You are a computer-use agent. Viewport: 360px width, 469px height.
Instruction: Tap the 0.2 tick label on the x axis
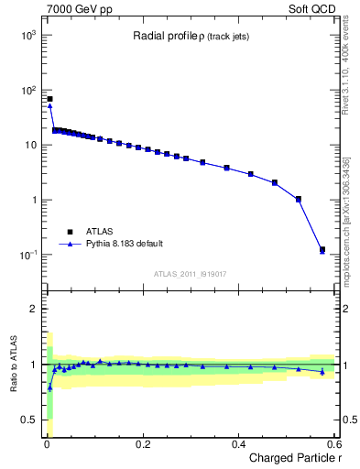pyautogui.click(x=142, y=443)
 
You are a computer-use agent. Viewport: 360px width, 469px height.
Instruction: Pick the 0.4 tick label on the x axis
pyautogui.click(x=238, y=443)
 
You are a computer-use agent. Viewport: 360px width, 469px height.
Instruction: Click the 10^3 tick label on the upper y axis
pyautogui.click(x=27, y=35)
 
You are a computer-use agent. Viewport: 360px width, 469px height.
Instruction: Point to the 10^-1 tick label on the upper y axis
pyautogui.click(x=27, y=255)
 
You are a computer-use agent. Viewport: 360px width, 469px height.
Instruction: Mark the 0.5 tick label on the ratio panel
pyautogui.click(x=28, y=420)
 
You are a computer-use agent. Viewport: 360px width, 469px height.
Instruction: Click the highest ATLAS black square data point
pyautogui.click(x=49, y=99)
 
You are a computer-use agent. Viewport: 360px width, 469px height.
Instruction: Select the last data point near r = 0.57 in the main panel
pyautogui.click(x=322, y=250)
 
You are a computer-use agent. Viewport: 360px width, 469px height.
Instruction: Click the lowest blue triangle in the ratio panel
pyautogui.click(x=49, y=387)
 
